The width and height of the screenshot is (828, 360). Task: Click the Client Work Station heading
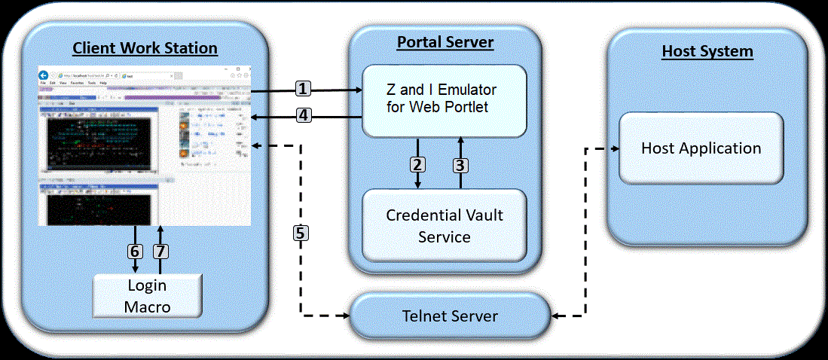click(145, 49)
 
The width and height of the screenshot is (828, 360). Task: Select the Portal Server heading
click(445, 42)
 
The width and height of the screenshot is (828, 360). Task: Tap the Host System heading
click(707, 52)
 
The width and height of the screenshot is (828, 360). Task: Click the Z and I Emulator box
click(445, 100)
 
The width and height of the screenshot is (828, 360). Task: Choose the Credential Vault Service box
click(445, 225)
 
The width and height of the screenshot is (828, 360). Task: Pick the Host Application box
click(701, 148)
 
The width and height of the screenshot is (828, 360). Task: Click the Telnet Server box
click(449, 316)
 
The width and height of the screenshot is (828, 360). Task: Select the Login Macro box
click(147, 296)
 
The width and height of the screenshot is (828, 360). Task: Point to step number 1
click(303, 89)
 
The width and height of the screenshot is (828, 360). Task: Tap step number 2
click(417, 163)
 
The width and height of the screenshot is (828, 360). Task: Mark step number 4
click(303, 117)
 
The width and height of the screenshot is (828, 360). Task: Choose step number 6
click(136, 251)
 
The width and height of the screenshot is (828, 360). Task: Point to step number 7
click(160, 251)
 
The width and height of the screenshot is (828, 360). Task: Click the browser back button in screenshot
click(44, 75)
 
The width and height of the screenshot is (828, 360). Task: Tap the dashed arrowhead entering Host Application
click(614, 148)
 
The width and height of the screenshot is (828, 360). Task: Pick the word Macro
click(147, 307)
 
